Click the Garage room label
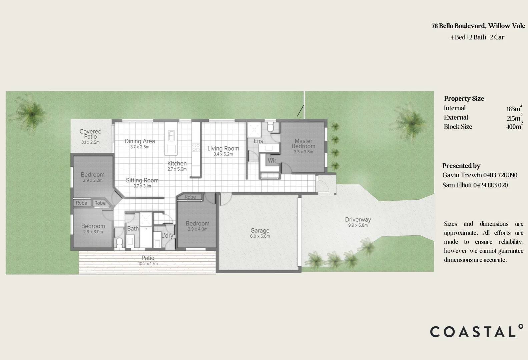(x=260, y=230)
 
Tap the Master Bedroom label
(x=303, y=144)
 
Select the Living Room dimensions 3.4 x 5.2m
(x=223, y=154)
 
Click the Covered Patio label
(x=90, y=134)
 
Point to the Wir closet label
(x=272, y=160)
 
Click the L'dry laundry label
(x=167, y=236)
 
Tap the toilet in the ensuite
(x=271, y=127)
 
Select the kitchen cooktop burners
(x=196, y=147)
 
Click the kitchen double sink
(x=171, y=136)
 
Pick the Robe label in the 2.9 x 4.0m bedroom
(x=190, y=197)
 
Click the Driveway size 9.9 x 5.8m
(x=358, y=225)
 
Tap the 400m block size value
(x=514, y=127)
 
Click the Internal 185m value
(x=514, y=109)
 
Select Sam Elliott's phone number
(x=490, y=185)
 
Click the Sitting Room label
(x=142, y=180)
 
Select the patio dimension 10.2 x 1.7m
(x=148, y=264)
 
